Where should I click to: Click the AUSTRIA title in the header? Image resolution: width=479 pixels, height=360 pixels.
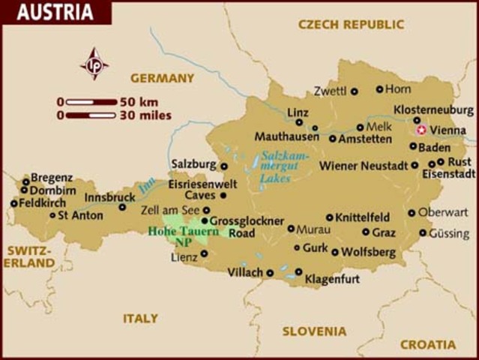[55, 13]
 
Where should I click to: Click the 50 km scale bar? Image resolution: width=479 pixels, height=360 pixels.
[91, 101]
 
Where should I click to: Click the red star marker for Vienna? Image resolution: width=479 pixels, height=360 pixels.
[421, 130]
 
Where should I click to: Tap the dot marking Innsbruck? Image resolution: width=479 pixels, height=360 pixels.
[122, 207]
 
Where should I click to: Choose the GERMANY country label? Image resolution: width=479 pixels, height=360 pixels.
[162, 78]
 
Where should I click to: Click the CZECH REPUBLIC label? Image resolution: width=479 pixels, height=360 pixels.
[351, 25]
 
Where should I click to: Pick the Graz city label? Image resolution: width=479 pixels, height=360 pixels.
[384, 232]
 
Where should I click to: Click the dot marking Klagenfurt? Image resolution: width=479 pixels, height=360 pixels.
[298, 272]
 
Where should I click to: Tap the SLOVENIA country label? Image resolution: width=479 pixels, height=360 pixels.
[314, 331]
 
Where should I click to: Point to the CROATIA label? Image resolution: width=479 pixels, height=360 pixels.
[427, 344]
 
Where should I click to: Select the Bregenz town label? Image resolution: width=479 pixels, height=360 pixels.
[52, 178]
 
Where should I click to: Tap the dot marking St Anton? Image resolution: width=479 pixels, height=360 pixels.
[52, 215]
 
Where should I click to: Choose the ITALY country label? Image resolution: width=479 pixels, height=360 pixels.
[140, 318]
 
